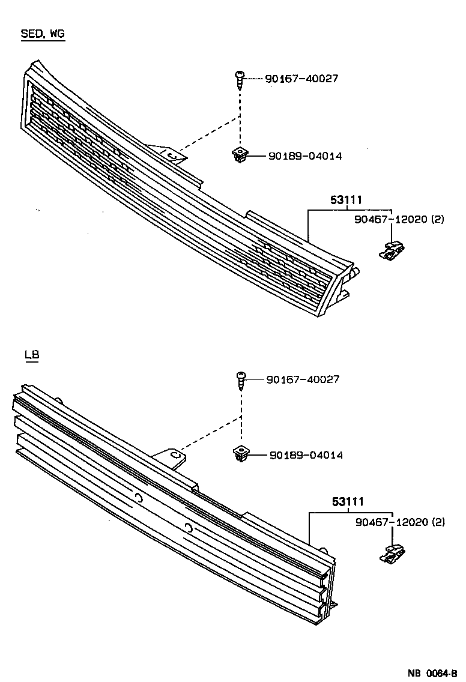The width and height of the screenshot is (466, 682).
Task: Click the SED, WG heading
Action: tap(43, 34)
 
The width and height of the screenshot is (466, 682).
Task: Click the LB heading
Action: tap(32, 355)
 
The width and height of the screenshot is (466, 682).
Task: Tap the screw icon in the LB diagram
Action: tap(240, 379)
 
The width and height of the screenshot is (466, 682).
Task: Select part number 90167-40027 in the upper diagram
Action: tap(301, 79)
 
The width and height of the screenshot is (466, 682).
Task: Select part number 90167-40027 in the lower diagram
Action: tap(302, 379)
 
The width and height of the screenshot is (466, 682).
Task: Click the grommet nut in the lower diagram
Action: tap(240, 454)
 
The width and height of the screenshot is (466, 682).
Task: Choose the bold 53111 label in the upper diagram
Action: tap(346, 201)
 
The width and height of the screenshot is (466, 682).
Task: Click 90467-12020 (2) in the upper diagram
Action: tap(399, 220)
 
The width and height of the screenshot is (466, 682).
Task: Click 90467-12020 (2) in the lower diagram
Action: tap(399, 522)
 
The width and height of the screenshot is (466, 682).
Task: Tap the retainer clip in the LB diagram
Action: tap(393, 554)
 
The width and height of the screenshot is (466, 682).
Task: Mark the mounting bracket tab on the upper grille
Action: tap(172, 154)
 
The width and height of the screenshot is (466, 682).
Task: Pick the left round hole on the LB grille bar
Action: tap(139, 497)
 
